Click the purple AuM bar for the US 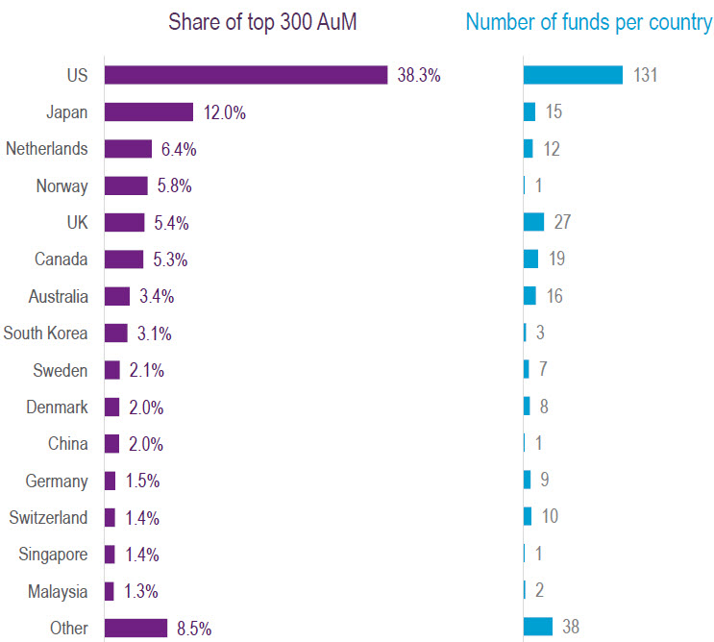click(x=245, y=75)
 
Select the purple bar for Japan click(x=149, y=112)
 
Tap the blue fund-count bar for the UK click(x=533, y=222)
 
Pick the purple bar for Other click(x=135, y=629)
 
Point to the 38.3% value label click(x=419, y=75)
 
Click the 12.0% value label click(x=225, y=112)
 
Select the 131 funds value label click(x=645, y=75)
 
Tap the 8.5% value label click(x=194, y=629)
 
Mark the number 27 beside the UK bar click(x=562, y=222)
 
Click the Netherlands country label click(x=47, y=149)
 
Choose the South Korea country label click(x=45, y=333)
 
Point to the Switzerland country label click(x=48, y=518)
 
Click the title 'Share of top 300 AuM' click(x=262, y=22)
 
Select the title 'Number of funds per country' click(x=588, y=22)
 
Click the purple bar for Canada click(x=124, y=259)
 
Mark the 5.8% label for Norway click(x=169, y=186)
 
